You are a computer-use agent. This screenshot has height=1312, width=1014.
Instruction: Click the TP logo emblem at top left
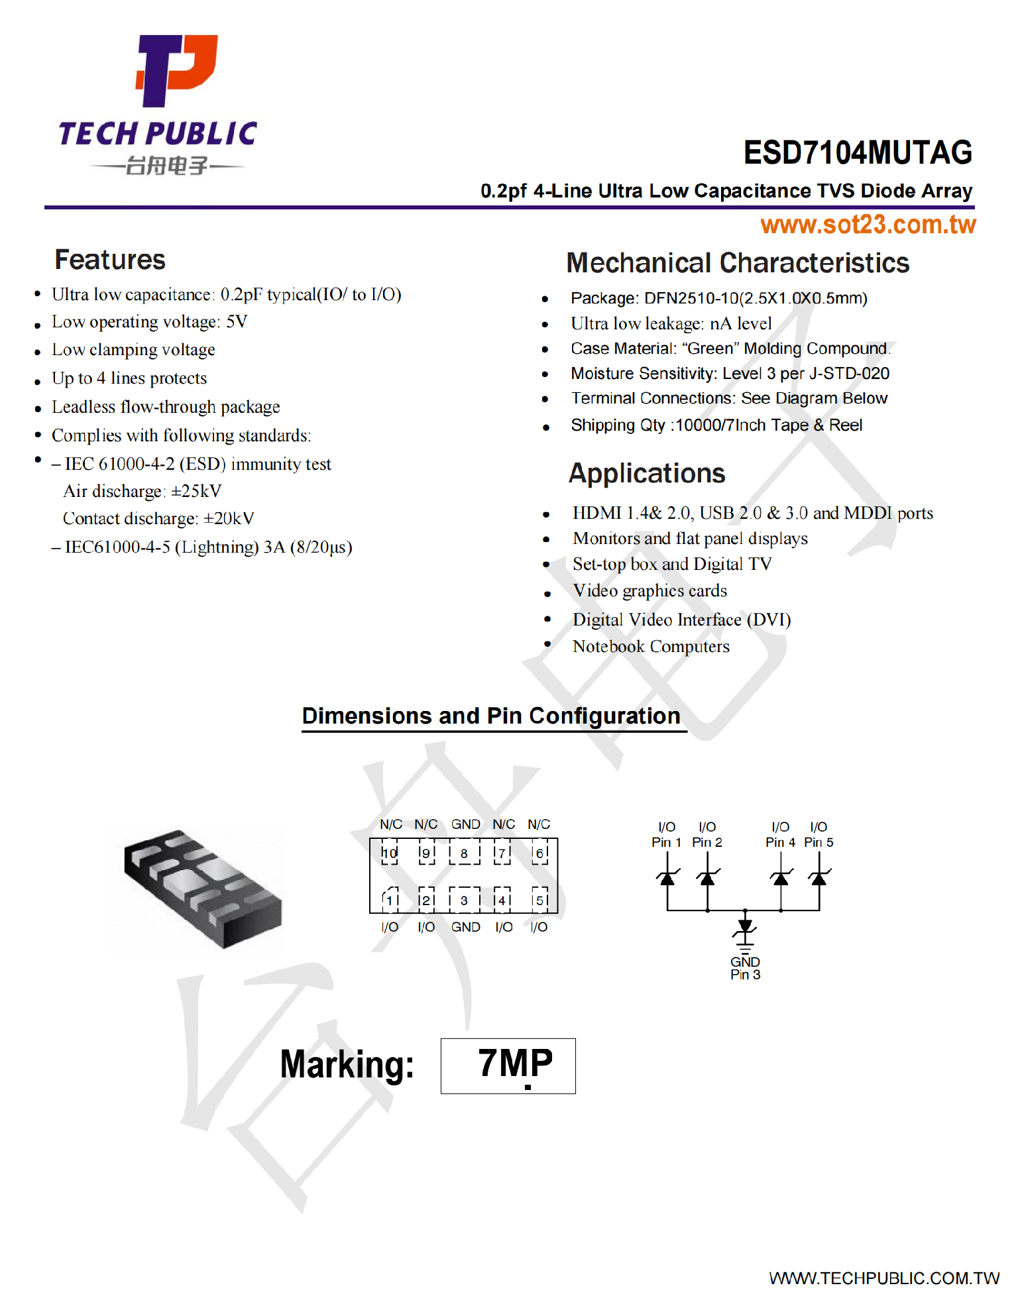click(x=176, y=70)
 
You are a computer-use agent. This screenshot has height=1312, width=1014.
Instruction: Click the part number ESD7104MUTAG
click(x=857, y=153)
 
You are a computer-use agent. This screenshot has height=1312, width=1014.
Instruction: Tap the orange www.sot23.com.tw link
click(x=868, y=225)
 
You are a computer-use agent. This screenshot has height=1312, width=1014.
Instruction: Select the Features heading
click(x=110, y=260)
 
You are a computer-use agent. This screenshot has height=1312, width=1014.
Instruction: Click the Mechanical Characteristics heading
click(x=737, y=263)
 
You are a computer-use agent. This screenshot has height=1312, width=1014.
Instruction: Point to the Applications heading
click(x=647, y=474)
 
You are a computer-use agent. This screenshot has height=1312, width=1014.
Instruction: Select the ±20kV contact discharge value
click(x=229, y=519)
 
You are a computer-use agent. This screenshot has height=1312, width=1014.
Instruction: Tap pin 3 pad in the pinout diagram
click(x=464, y=900)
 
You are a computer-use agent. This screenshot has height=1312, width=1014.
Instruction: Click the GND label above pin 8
click(x=465, y=824)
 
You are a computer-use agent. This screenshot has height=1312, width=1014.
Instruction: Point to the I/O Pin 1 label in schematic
click(x=666, y=835)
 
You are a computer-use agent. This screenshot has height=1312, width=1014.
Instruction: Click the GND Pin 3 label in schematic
click(x=745, y=968)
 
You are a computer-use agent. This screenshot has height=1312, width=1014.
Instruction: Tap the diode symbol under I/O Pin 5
click(x=819, y=878)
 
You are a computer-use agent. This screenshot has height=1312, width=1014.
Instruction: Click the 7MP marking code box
click(x=508, y=1066)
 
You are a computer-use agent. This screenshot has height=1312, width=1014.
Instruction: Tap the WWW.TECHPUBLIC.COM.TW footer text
click(x=883, y=1278)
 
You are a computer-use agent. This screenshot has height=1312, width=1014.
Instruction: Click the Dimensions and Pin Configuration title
click(x=491, y=716)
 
